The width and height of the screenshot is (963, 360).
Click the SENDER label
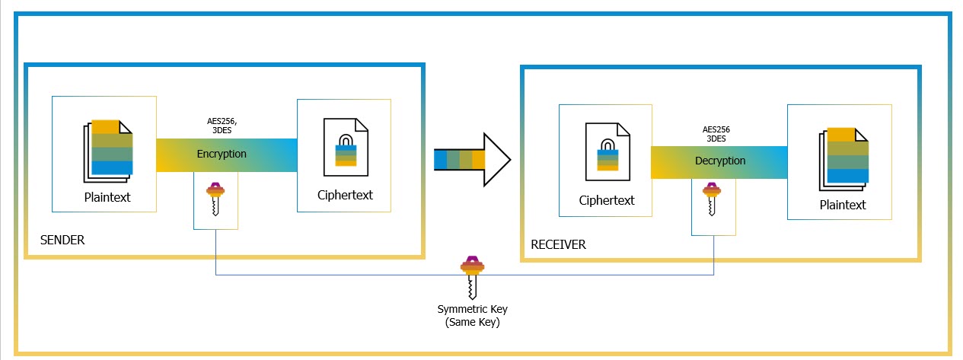pos(62,241)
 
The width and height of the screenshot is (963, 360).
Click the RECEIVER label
pos(559,244)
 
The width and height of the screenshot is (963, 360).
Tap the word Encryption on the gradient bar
pos(222,154)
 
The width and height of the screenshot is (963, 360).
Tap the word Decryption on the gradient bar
pos(720,161)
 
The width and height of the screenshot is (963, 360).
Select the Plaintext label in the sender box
pos(107,198)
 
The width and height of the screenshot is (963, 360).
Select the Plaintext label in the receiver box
pos(843,205)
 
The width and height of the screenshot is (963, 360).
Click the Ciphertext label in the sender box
pos(345,195)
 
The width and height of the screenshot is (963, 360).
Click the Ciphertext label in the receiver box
pos(607,201)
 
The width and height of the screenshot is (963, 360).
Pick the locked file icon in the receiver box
pos(607,153)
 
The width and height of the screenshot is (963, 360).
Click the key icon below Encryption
pos(216,200)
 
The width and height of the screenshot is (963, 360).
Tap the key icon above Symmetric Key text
pos(472,277)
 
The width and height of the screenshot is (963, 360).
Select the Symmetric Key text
pos(472,309)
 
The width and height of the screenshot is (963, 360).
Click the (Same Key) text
pos(472,322)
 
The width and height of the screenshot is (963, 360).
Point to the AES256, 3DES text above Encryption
pos(222,126)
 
